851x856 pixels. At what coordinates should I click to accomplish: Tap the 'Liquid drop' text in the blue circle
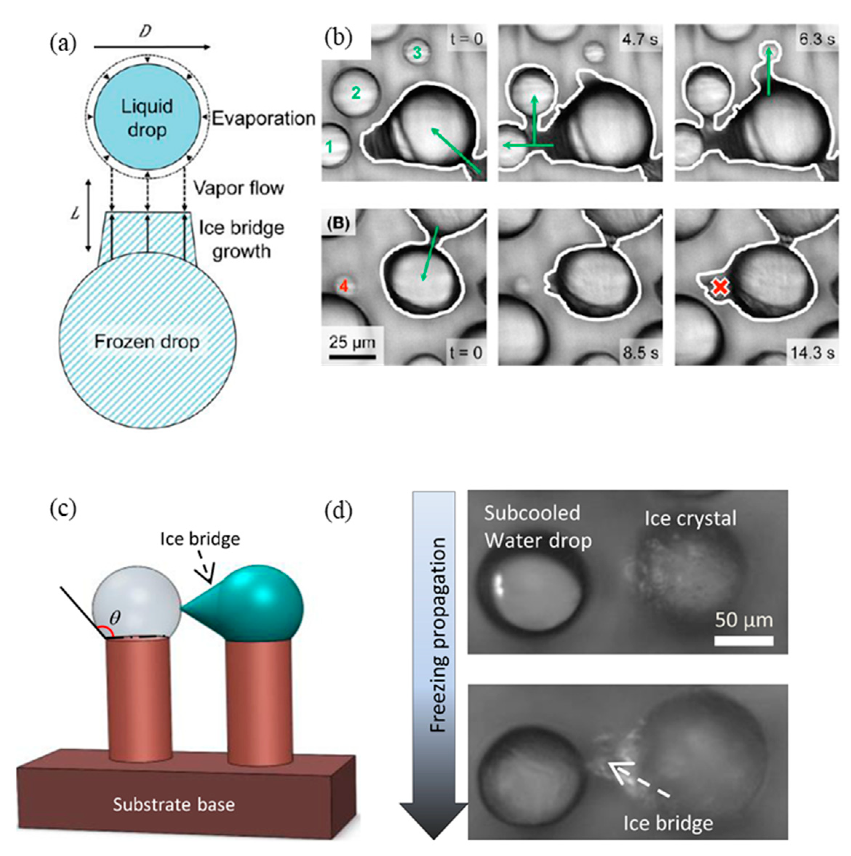click(x=147, y=118)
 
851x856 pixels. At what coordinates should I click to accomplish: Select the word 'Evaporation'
click(x=263, y=119)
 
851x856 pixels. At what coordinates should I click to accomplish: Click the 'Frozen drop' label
click(x=147, y=342)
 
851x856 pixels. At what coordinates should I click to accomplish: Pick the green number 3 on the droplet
click(x=417, y=53)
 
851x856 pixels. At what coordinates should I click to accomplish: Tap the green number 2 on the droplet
click(x=356, y=93)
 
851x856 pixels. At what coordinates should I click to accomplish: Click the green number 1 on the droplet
click(x=329, y=147)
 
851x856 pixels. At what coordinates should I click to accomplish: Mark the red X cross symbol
click(x=720, y=287)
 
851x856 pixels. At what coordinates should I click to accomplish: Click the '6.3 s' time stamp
click(x=816, y=39)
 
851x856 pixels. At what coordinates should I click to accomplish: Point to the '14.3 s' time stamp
click(x=812, y=353)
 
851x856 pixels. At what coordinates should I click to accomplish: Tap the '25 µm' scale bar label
click(x=352, y=342)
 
